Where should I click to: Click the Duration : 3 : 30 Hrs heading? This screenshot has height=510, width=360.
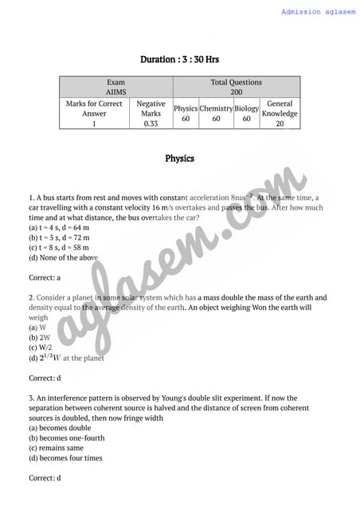[180, 60]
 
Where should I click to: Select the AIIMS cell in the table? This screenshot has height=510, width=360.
[116, 92]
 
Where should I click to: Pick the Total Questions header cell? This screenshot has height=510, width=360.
[236, 82]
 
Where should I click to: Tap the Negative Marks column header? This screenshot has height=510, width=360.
[151, 108]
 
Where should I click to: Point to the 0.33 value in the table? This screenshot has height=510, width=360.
[151, 124]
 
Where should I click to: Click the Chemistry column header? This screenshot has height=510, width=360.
[215, 108]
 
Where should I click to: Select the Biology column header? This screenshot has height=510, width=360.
[247, 108]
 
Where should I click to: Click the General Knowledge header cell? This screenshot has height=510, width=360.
[280, 108]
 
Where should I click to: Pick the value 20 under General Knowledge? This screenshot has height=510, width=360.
[280, 124]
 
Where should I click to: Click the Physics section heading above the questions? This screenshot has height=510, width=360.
[180, 159]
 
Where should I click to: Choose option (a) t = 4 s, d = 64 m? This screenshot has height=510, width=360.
[61, 227]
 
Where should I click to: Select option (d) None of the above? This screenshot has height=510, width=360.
[64, 257]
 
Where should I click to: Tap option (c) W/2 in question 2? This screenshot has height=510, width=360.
[40, 347]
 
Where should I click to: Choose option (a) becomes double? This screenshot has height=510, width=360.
[60, 428]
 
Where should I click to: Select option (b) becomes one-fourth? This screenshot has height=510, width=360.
[67, 437]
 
